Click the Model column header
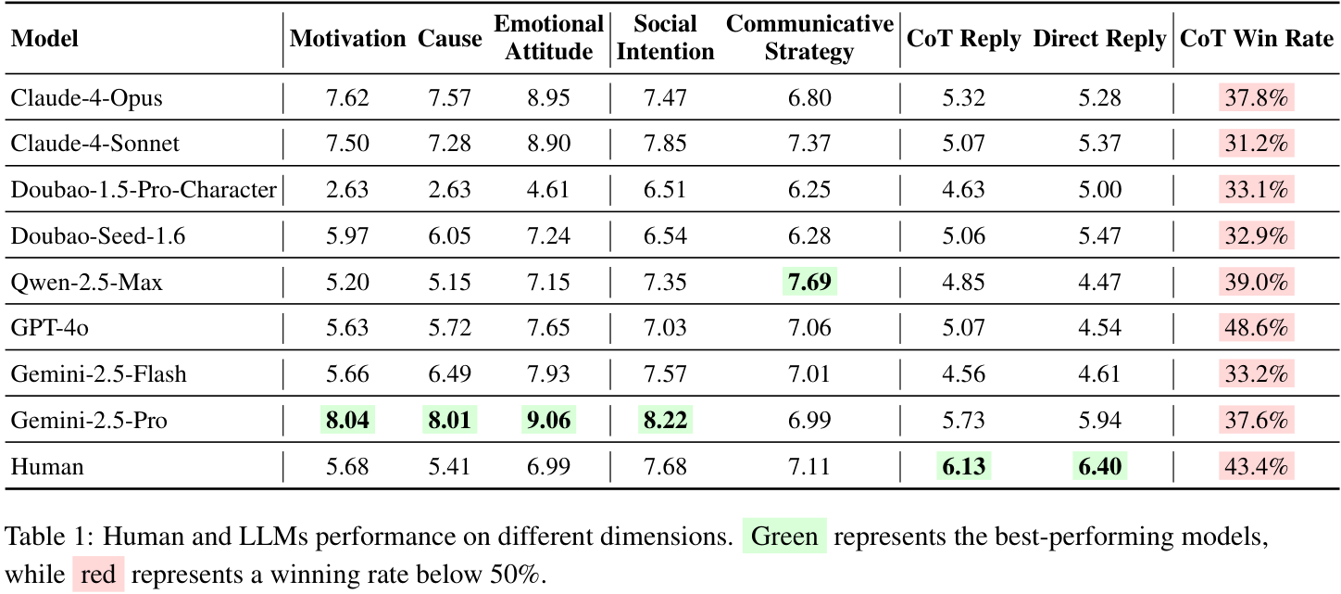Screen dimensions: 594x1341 click(44, 39)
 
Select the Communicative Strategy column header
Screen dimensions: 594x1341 click(809, 39)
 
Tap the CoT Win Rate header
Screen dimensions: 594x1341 click(1256, 39)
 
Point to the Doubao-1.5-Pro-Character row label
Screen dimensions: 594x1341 click(144, 190)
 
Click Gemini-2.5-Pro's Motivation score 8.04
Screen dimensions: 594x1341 click(347, 421)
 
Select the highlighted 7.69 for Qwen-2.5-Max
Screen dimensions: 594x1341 click(809, 283)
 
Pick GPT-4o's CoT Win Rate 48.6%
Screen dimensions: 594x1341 click(1256, 328)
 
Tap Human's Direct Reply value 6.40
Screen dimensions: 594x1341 click(1099, 467)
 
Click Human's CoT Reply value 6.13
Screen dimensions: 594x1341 click(963, 467)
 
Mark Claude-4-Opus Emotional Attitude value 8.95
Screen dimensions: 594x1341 click(549, 98)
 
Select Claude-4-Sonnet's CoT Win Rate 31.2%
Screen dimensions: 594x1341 click(1256, 144)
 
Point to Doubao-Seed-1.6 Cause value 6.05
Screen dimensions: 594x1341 click(449, 236)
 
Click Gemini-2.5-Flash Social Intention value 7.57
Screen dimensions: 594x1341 click(665, 374)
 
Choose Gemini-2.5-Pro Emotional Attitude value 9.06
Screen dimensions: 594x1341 click(549, 421)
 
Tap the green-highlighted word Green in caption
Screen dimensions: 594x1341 click(783, 537)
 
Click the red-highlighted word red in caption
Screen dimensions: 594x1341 click(98, 575)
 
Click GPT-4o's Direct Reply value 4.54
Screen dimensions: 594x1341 click(1099, 328)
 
